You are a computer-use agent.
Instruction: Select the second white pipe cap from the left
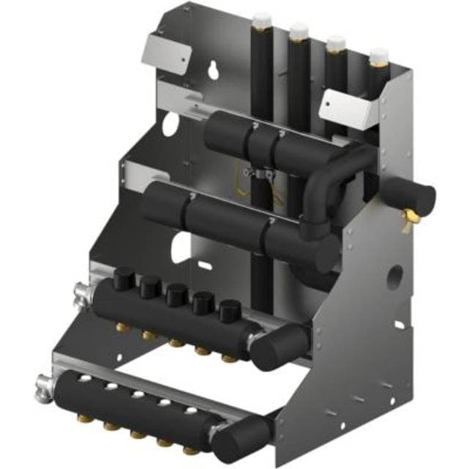(x=298, y=32)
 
